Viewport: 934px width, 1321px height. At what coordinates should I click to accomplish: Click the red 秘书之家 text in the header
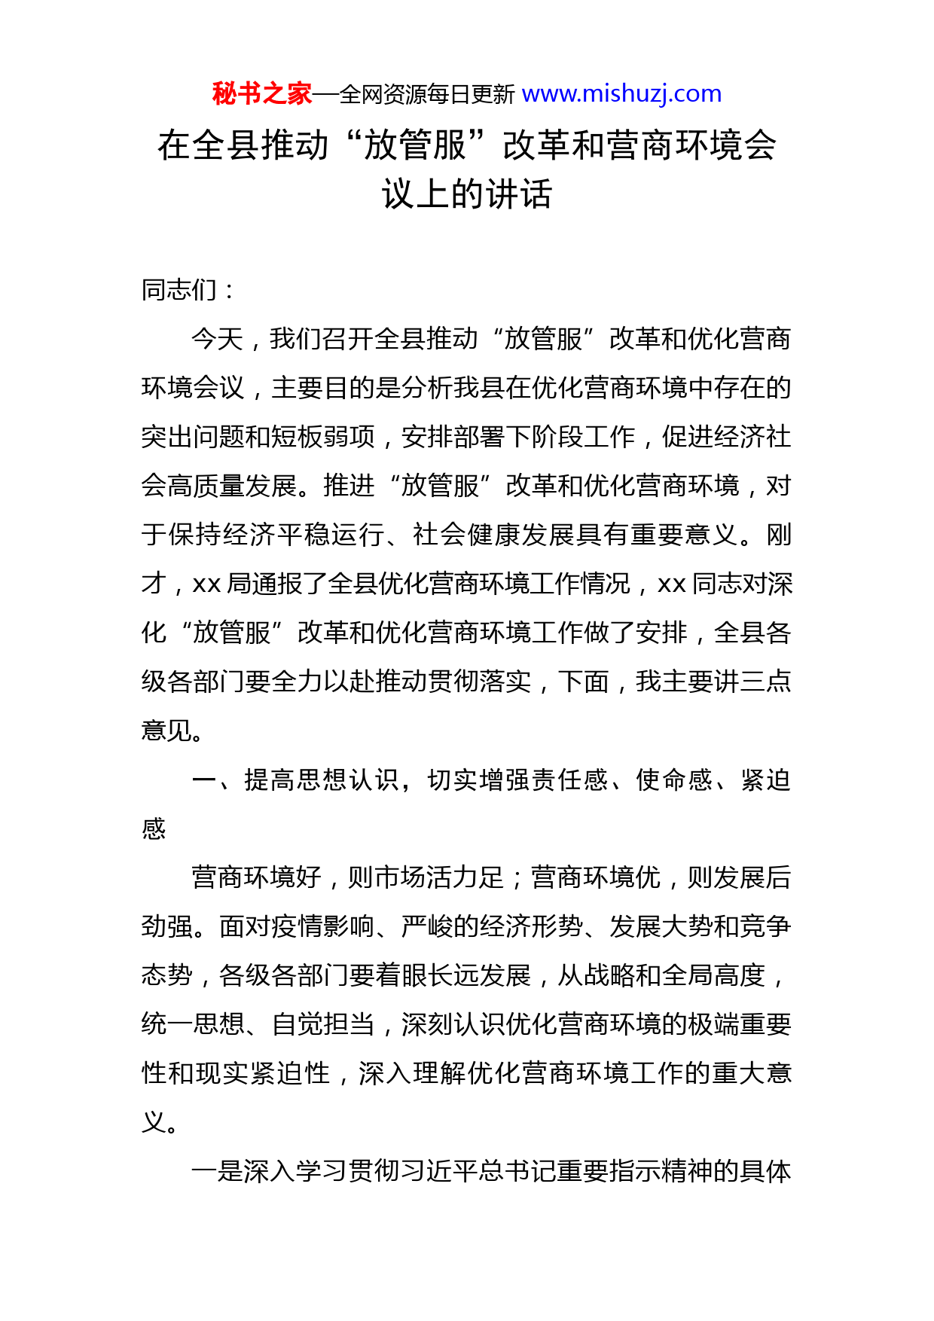(261, 94)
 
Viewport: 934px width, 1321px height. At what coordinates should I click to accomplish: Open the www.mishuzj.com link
(621, 94)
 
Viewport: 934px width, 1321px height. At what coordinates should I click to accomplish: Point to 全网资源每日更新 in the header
(427, 95)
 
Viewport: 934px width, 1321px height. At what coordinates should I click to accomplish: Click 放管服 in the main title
(415, 145)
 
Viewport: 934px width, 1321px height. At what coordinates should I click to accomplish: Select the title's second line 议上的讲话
(467, 194)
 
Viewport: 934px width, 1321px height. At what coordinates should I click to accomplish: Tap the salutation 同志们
(179, 290)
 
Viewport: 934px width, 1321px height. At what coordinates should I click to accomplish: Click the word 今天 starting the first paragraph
(217, 339)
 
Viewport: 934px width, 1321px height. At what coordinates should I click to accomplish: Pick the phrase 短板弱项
(324, 437)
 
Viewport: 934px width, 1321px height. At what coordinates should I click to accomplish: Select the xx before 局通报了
(206, 584)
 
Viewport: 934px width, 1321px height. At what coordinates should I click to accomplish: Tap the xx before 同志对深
(671, 584)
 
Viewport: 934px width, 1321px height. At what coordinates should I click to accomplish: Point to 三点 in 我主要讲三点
(765, 682)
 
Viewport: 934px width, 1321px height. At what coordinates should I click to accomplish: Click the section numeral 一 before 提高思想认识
(204, 780)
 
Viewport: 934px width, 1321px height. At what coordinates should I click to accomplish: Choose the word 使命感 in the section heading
(674, 780)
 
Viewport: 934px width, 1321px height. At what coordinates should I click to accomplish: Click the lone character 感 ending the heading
(154, 829)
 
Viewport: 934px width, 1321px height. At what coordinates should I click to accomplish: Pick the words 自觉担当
(323, 1025)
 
